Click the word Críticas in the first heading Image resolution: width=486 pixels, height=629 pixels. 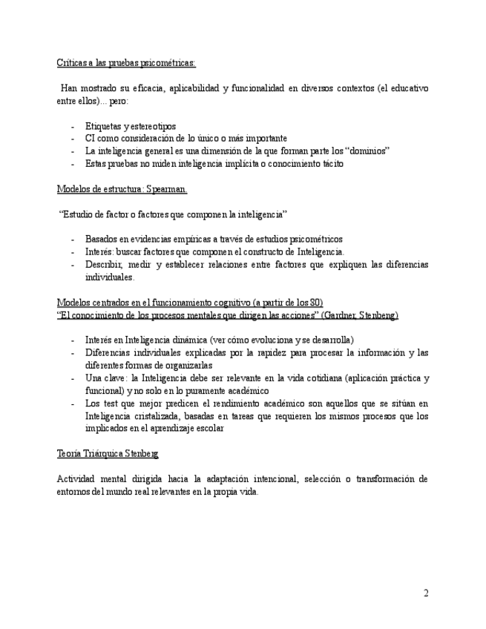coord(71,63)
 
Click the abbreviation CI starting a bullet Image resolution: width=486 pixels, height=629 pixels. coord(91,139)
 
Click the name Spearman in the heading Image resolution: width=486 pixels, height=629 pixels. coord(165,189)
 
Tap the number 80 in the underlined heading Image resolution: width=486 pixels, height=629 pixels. coord(315,303)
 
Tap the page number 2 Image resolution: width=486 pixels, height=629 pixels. coord(426,593)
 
